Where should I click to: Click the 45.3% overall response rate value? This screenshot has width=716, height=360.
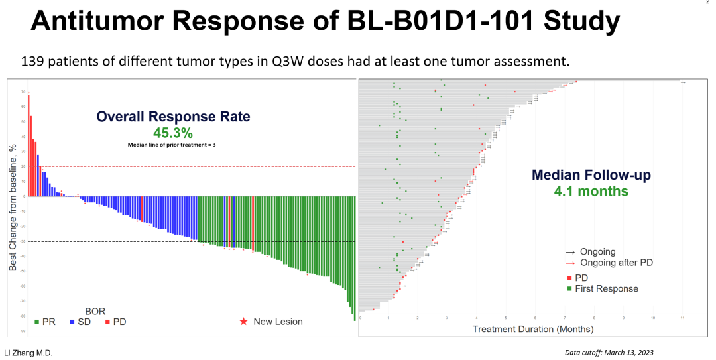coord(173,133)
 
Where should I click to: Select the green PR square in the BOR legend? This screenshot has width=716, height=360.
coord(36,322)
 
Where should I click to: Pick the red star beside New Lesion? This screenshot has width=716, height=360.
coord(243,322)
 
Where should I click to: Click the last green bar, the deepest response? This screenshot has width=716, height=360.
coord(355,259)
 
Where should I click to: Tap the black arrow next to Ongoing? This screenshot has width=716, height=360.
coord(569,252)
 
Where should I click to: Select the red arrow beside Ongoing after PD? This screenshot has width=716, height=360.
coord(569,263)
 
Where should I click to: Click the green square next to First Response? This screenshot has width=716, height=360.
coord(569,288)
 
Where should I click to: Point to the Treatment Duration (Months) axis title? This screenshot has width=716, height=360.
coord(532,329)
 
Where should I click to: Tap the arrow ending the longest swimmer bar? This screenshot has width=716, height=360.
coord(683,82)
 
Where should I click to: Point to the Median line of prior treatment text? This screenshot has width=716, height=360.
coord(172,144)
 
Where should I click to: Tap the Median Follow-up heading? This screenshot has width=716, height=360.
coord(591,176)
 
